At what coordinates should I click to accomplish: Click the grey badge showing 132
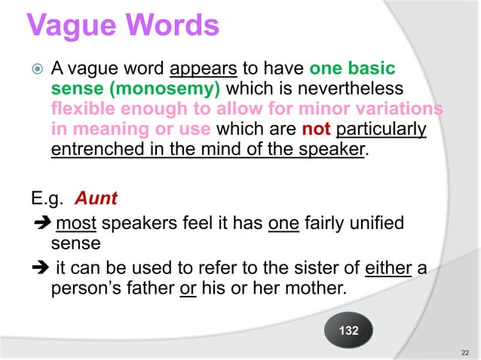point(348,331)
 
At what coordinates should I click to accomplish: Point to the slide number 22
point(464,352)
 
